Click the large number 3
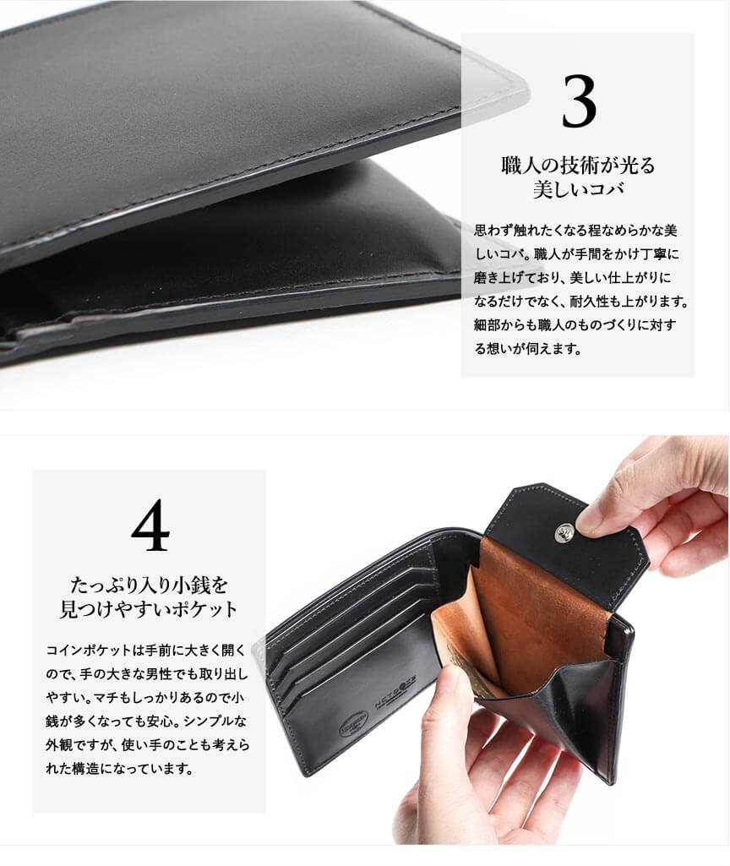(579, 101)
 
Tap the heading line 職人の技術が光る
(578, 165)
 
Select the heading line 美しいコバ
(578, 189)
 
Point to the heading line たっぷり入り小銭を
(149, 584)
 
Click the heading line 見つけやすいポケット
(149, 608)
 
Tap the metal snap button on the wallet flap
(565, 532)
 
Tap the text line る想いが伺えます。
(528, 348)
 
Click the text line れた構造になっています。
(120, 768)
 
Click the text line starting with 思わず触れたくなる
(575, 230)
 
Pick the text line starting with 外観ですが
(147, 744)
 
